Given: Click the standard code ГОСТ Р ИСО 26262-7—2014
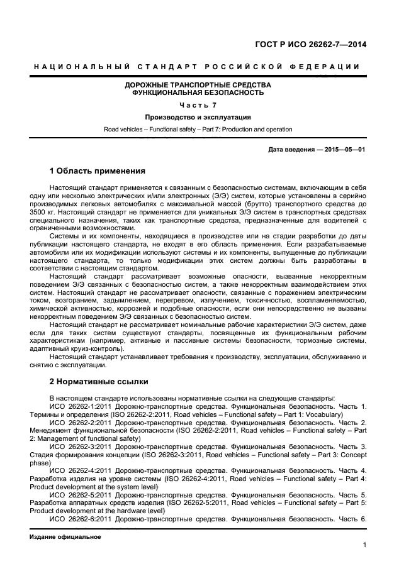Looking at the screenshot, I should coord(310,45).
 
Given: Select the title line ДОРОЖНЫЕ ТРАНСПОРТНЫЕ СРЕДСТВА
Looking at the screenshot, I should coord(198,84).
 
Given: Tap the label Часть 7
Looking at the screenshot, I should coord(198,105).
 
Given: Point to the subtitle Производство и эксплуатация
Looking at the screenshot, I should coord(198,117).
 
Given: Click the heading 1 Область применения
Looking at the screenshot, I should coord(98,171).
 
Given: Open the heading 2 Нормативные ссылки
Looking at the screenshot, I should coord(97,382).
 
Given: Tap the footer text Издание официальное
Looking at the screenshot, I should coord(65,538).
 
